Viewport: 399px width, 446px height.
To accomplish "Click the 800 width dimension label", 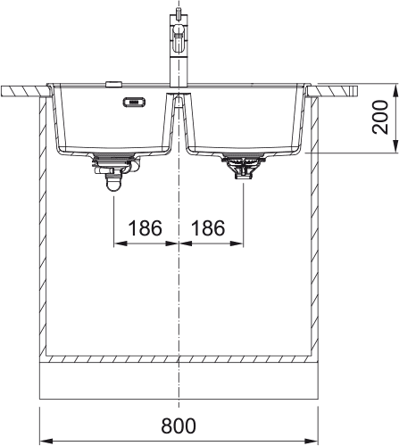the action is point(179,425).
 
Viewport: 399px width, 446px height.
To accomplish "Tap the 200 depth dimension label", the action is point(380,117).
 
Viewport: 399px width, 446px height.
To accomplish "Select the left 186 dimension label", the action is point(145,228).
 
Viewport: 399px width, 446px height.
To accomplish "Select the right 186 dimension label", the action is point(208,228).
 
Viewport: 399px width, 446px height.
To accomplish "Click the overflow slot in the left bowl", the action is point(134,102).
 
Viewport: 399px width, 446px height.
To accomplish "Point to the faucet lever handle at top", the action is point(179,32).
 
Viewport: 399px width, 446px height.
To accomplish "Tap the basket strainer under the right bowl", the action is point(244,167).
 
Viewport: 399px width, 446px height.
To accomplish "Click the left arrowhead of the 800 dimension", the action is point(46,440).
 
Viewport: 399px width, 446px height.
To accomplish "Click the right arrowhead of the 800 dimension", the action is point(312,440).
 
